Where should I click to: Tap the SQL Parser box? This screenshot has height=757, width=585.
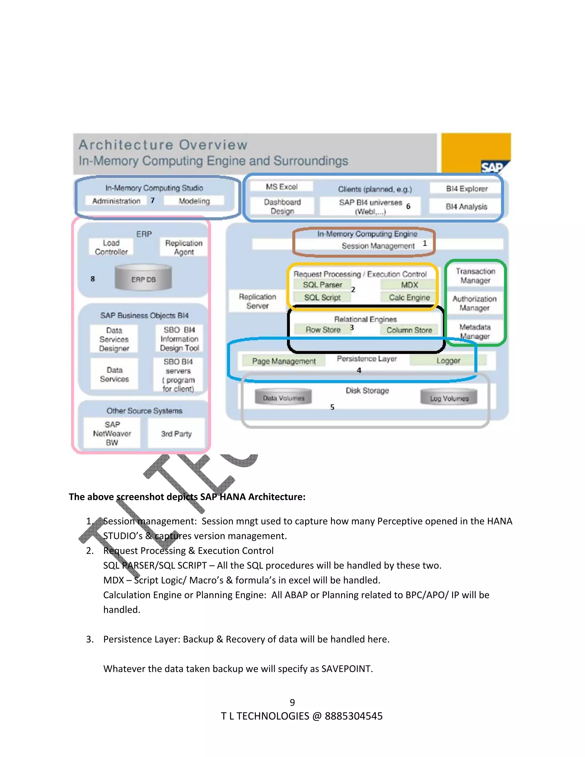tap(322, 285)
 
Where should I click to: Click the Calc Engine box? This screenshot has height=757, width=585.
tap(409, 297)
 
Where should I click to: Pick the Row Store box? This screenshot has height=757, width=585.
tap(323, 330)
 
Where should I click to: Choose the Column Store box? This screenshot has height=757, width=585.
tap(409, 330)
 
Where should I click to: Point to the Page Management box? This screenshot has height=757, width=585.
tap(283, 361)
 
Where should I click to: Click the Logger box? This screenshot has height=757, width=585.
tap(448, 361)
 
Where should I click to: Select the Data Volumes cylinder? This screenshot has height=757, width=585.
tap(283, 398)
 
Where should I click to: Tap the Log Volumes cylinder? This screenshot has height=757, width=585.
tap(449, 398)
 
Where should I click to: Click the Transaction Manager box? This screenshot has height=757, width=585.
tap(475, 276)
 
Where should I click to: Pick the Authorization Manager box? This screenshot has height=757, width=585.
tap(474, 303)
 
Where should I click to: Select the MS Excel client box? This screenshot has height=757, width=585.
tap(281, 187)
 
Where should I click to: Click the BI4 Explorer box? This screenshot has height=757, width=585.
tap(466, 189)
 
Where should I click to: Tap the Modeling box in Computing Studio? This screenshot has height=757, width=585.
tap(194, 201)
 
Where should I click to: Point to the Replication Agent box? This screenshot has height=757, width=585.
tap(184, 247)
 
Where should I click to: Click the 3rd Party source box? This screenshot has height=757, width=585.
tap(176, 434)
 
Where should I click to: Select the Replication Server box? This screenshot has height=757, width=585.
tap(257, 301)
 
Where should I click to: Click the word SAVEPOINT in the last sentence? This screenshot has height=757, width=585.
tap(346, 669)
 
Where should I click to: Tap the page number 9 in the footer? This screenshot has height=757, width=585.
tap(292, 702)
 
